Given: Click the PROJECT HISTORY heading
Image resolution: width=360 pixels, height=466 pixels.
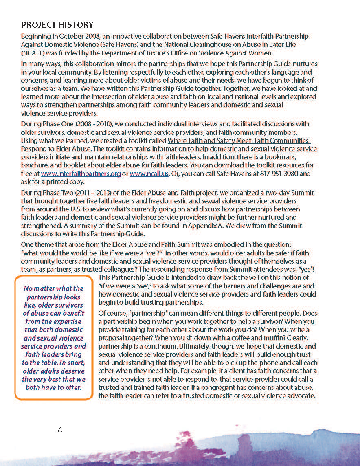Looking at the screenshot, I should coord(57,25).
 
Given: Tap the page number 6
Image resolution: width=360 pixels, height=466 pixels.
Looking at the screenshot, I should coord(60,430).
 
